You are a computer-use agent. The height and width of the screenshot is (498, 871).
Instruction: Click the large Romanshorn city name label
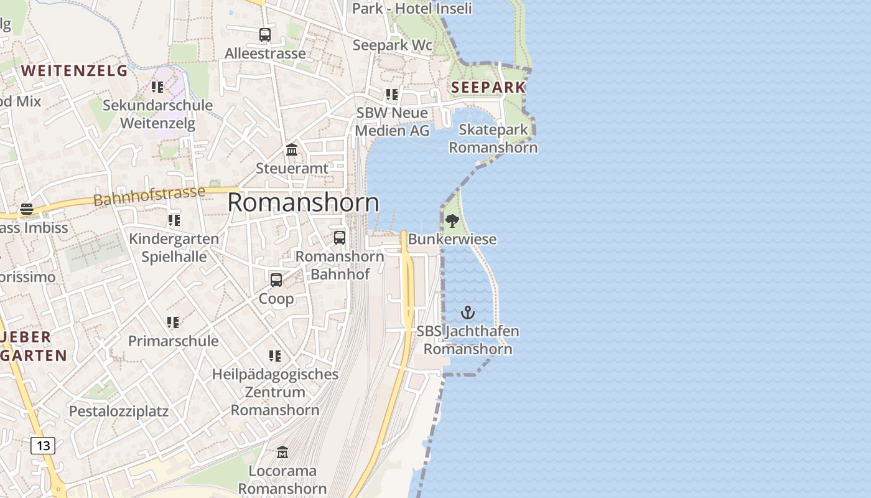303,203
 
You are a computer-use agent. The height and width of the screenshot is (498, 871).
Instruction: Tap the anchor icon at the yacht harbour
467,312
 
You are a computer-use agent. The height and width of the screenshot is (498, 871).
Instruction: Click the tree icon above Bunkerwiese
452,220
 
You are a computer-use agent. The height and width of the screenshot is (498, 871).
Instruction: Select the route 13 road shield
43,446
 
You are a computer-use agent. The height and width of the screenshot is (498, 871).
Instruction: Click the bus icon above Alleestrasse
265,35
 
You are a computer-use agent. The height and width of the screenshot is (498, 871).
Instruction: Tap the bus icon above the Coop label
276,280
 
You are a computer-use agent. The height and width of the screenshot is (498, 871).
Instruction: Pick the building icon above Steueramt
292,150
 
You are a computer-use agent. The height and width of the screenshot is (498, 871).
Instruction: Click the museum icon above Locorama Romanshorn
282,452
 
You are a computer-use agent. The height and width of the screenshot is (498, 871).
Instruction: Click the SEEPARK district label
488,87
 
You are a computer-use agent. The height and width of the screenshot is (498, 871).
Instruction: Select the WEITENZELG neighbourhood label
74,70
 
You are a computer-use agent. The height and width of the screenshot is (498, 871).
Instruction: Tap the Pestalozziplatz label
119,411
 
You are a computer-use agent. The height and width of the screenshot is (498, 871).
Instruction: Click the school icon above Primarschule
173,322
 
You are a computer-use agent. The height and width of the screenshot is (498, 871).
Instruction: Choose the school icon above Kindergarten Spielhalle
174,220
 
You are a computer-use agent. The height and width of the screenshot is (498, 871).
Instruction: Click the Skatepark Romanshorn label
493,139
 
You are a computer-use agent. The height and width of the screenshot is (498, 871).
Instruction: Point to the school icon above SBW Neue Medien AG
392,95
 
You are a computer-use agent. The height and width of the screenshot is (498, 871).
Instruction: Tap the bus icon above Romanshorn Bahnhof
340,238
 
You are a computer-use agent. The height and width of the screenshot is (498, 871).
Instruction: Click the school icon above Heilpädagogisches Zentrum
275,356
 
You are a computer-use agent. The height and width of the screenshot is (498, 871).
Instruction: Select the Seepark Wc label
393,45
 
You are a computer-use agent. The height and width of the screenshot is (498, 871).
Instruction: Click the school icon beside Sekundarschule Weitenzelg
157,87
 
